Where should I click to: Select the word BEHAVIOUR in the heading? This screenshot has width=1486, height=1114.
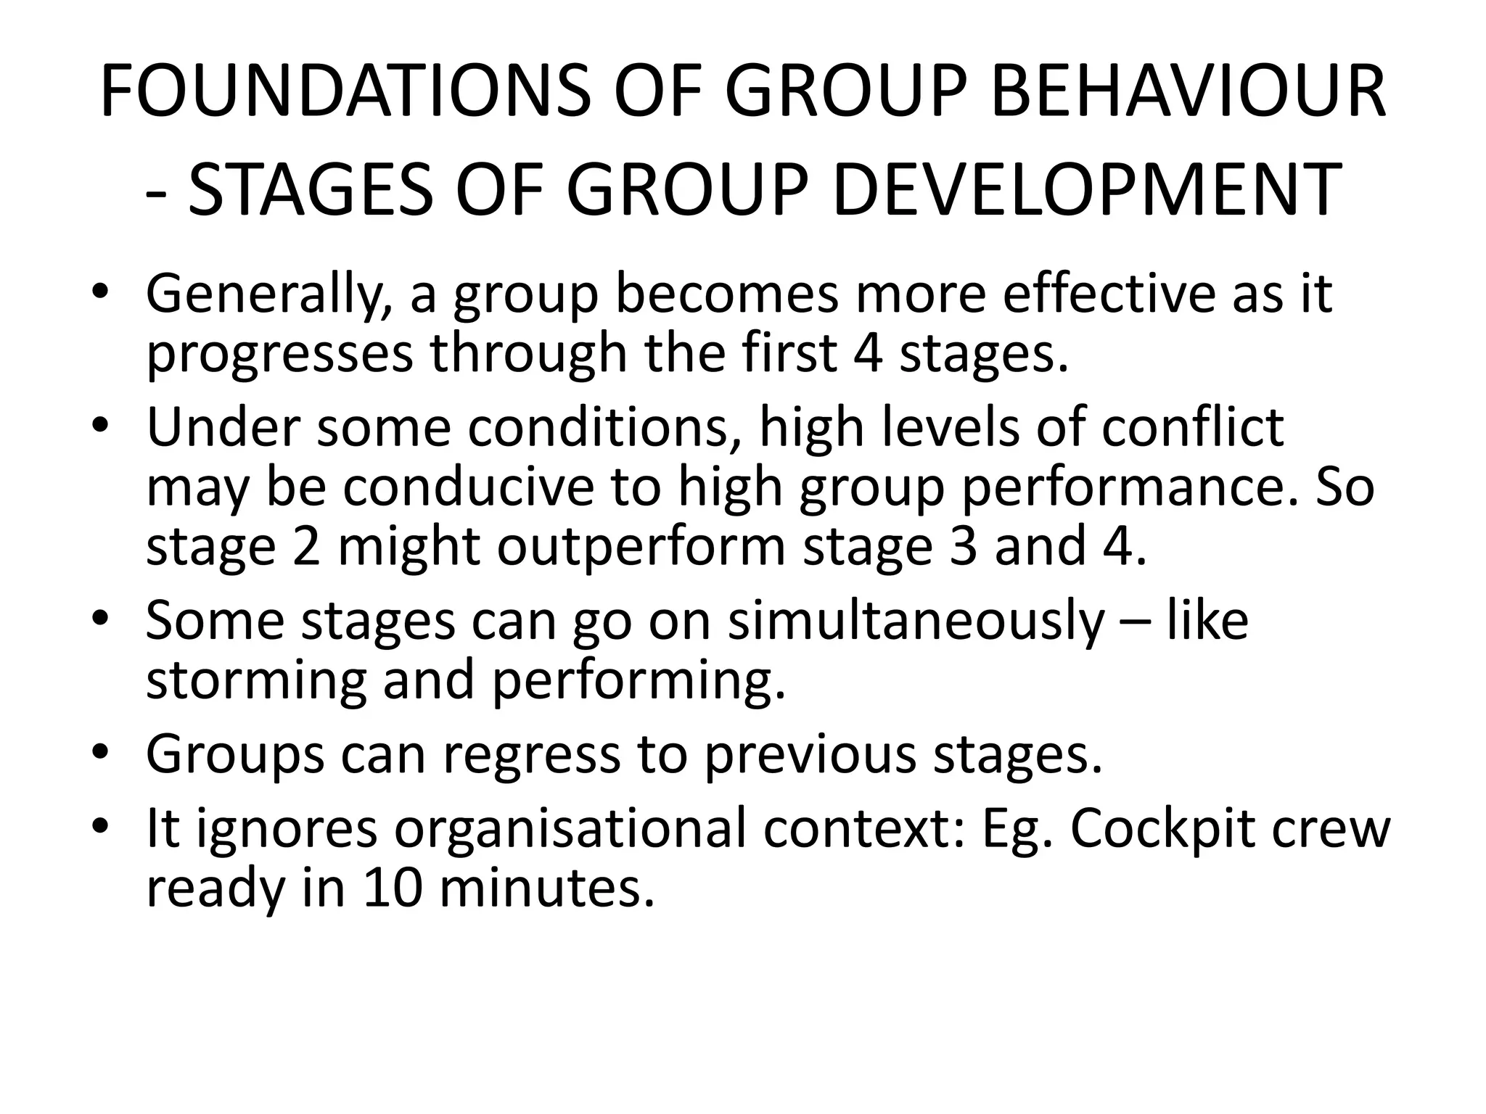[x=1188, y=92]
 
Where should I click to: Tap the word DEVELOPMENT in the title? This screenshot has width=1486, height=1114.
[x=1085, y=189]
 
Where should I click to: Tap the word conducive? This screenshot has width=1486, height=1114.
[x=468, y=487]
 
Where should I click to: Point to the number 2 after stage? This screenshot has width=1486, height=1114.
[x=306, y=547]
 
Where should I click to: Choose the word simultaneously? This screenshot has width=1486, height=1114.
[x=916, y=622]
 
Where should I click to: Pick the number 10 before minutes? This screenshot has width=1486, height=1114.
[x=393, y=889]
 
